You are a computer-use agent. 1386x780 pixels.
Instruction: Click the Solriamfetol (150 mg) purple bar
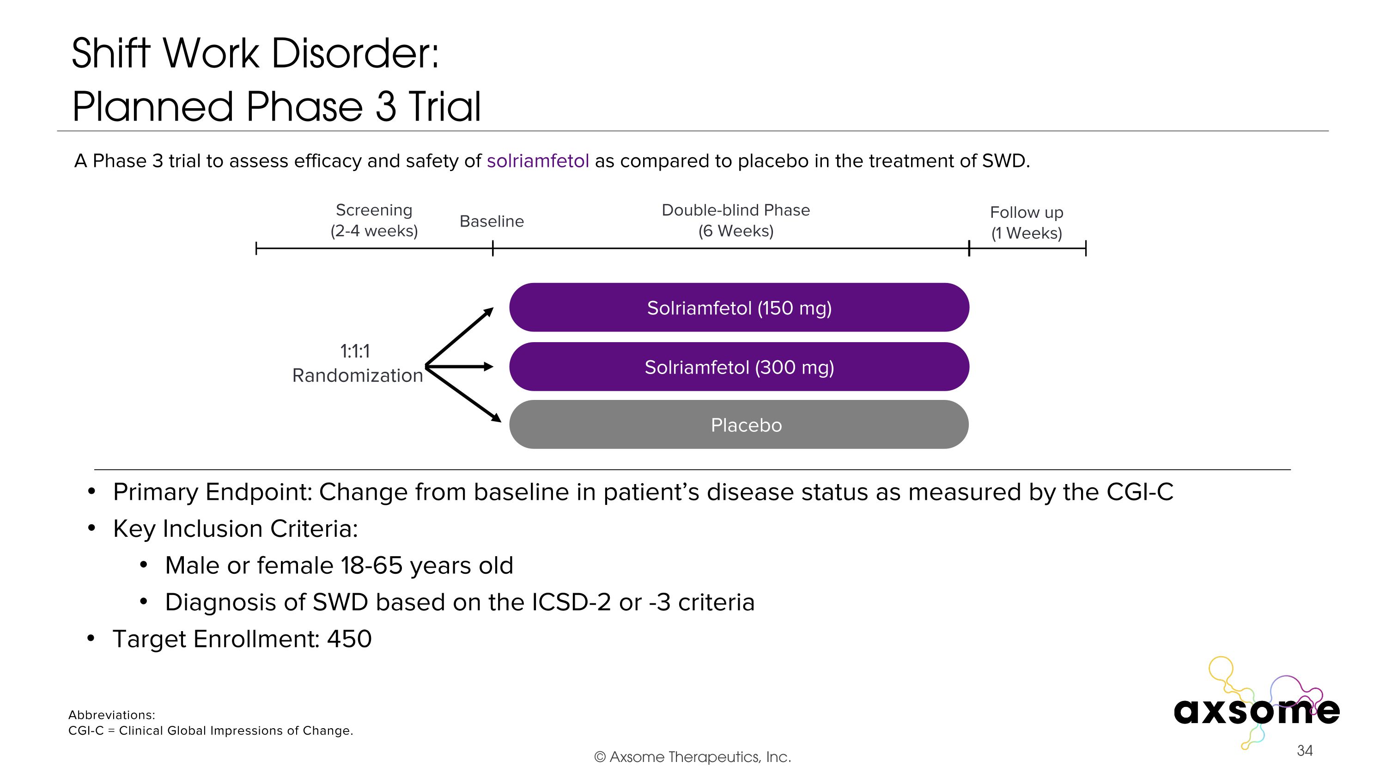click(x=739, y=307)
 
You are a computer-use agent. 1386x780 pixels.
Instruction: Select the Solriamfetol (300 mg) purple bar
click(x=739, y=367)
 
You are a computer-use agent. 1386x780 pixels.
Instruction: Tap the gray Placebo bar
click(x=739, y=425)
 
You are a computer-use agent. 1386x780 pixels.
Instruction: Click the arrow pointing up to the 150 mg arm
click(x=460, y=336)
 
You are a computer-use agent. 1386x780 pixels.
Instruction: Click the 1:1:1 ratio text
click(x=355, y=351)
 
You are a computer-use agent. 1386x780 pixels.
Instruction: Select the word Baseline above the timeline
click(x=491, y=221)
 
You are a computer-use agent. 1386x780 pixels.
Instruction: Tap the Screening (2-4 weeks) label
click(x=374, y=220)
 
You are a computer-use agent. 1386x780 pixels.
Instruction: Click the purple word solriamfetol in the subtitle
click(x=537, y=161)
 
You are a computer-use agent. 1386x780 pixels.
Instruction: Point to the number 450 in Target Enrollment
click(x=349, y=639)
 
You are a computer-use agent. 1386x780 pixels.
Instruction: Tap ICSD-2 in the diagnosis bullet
click(x=571, y=602)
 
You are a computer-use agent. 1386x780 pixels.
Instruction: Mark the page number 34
click(x=1304, y=750)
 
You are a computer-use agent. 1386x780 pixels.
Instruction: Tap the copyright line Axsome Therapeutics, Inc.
click(x=693, y=757)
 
